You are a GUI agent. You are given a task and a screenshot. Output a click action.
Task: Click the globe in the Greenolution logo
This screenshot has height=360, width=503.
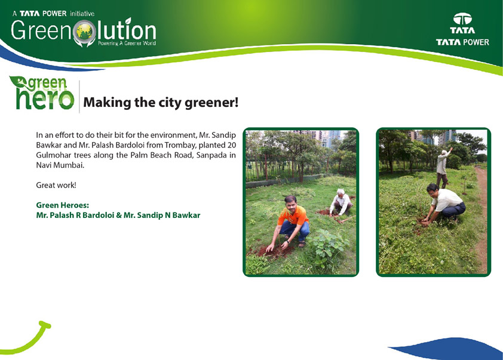point(84,31)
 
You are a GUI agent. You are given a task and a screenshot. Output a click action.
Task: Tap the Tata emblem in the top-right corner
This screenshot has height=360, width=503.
point(462,19)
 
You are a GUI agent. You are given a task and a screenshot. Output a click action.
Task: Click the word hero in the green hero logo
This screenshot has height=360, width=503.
point(45,99)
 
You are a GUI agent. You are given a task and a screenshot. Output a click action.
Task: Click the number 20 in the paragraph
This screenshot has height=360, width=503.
point(232,145)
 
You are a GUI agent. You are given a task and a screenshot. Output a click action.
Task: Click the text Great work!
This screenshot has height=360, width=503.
point(56,185)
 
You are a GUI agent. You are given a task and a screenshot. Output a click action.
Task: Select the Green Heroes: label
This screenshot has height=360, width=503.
point(63,205)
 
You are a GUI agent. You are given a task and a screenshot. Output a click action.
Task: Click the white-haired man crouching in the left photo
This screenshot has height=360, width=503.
point(341,202)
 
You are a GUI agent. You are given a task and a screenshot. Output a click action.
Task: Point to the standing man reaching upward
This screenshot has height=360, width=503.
point(443,168)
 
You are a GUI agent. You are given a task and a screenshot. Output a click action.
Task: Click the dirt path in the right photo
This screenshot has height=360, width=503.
point(481,221)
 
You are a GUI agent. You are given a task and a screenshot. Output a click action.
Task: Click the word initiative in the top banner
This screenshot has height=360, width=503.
point(82,14)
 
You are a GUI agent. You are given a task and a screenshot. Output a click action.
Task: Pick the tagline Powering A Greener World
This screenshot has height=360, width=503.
point(127,43)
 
